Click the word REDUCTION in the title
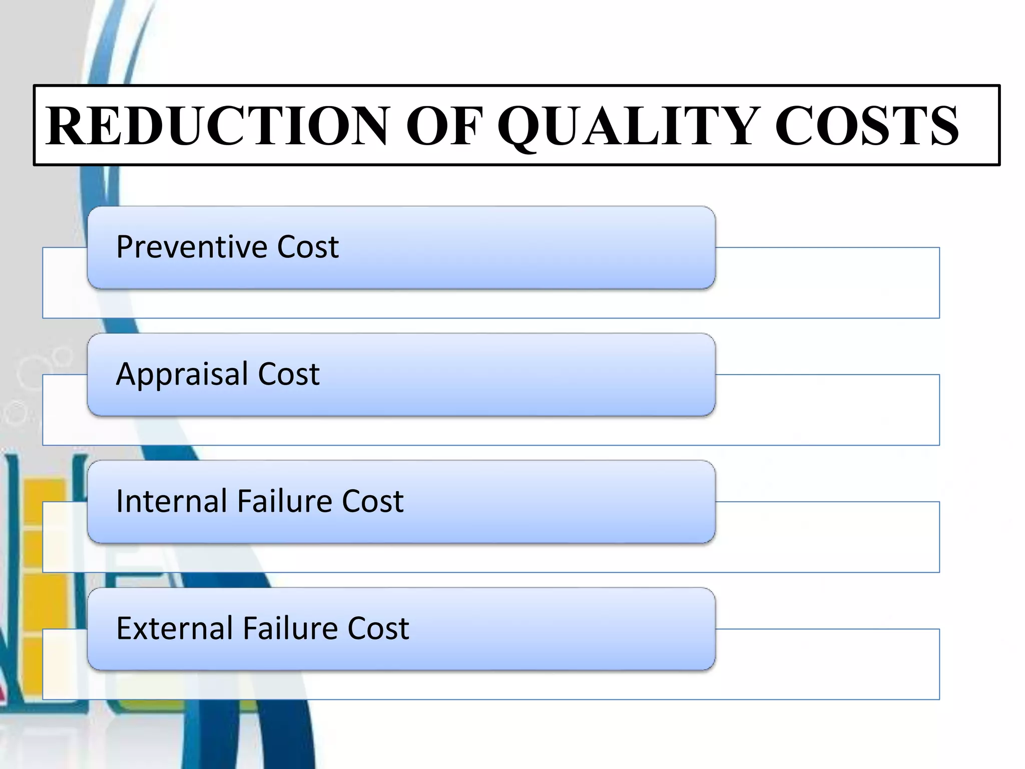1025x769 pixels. click(217, 126)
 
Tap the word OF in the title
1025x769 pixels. click(443, 126)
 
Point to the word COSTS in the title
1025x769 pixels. click(866, 126)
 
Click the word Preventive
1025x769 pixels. click(192, 247)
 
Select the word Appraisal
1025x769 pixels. click(182, 374)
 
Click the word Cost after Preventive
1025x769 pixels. click(308, 247)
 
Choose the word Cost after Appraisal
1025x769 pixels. click(289, 374)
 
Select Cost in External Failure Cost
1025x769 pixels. click(378, 628)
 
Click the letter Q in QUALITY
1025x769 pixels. click(522, 127)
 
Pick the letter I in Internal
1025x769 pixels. click(120, 501)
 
